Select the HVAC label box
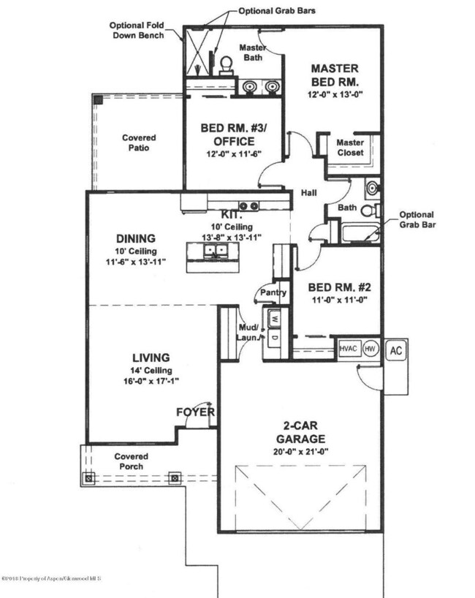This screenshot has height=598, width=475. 349,349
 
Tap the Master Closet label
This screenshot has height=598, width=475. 350,148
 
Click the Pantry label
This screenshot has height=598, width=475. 273,293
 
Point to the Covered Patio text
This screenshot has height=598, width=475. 139,142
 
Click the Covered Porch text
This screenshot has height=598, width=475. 132,461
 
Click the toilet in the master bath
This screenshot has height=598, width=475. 227,66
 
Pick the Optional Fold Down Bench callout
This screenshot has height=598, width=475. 137,29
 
